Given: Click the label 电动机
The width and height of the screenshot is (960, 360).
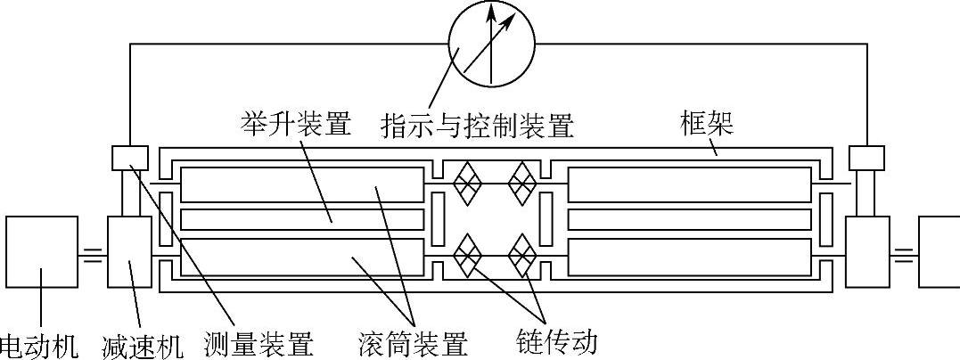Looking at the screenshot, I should coord(41,344).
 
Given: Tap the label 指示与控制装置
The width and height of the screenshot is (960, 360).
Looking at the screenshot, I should coord(476,124).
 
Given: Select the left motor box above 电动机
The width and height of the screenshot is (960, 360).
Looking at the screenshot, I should coord(41,252).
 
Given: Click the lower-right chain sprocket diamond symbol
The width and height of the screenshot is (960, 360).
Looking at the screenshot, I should coord(522,255).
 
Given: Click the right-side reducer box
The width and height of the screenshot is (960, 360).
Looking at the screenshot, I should coord(867,252).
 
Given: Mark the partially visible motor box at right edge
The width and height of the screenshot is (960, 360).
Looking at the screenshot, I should coord(939,252).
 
